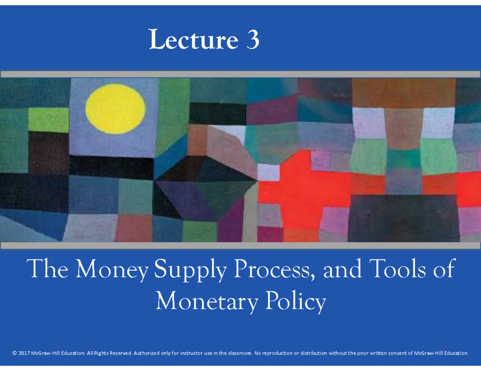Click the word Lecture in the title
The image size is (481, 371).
pos(193,40)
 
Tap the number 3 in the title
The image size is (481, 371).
pos(253,40)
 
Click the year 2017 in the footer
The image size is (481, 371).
pos(25,353)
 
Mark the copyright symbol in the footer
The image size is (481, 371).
pos(15,353)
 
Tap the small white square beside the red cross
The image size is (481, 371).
pos(268,172)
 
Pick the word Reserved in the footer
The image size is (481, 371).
pos(120,353)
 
